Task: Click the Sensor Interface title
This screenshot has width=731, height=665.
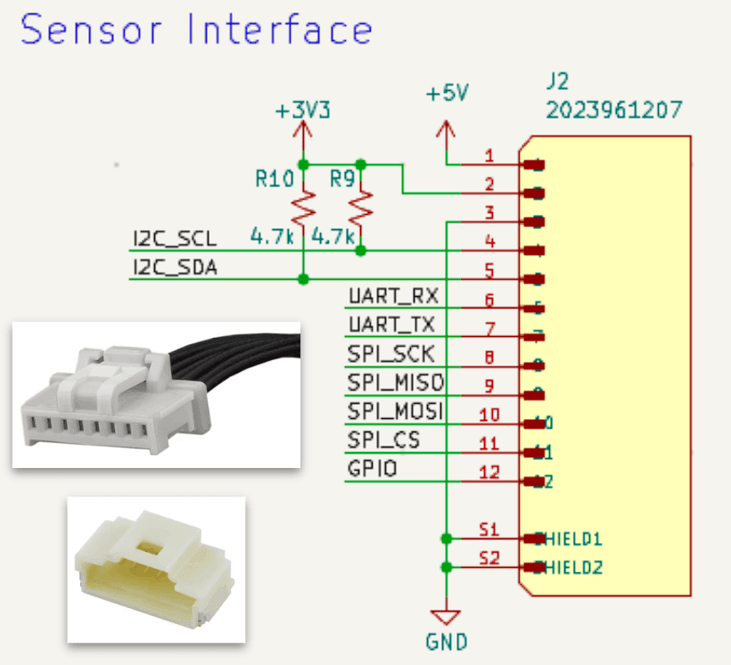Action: click(x=196, y=30)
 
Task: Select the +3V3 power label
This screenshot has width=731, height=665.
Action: click(x=302, y=112)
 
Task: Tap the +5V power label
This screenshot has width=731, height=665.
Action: click(x=447, y=94)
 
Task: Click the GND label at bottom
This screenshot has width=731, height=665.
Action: click(x=445, y=641)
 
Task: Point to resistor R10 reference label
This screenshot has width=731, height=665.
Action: click(x=274, y=179)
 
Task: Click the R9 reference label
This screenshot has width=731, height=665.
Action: click(x=342, y=179)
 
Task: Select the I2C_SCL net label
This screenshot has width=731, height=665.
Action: click(x=174, y=239)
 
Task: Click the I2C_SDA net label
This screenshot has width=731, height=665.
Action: click(x=175, y=267)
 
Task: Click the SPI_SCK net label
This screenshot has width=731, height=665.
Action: click(x=390, y=354)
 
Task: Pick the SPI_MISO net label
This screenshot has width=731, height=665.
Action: click(x=396, y=382)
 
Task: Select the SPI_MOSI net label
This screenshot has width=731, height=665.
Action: click(x=396, y=412)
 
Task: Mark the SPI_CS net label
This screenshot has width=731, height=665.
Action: click(x=383, y=440)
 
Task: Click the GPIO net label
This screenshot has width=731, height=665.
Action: click(x=373, y=469)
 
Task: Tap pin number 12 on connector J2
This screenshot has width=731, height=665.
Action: click(x=489, y=472)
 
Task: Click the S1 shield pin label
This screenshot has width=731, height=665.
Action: click(x=489, y=530)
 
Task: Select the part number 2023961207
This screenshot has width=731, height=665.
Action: click(x=614, y=111)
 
